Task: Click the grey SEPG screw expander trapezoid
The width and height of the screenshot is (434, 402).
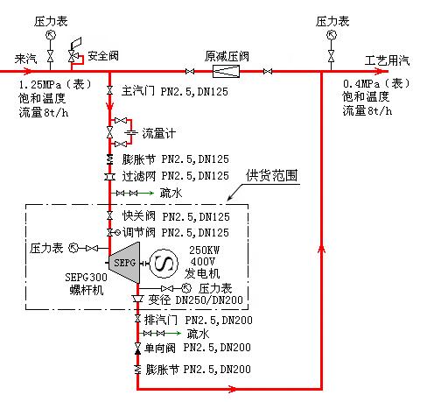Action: (x=124, y=263)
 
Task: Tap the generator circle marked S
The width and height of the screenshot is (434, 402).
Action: (x=164, y=264)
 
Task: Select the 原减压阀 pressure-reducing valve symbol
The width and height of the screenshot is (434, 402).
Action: (x=226, y=71)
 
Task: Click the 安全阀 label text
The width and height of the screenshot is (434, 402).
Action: (x=103, y=56)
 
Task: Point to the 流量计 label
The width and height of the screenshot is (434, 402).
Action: (x=159, y=133)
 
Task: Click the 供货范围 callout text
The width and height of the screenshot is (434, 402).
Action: (x=271, y=175)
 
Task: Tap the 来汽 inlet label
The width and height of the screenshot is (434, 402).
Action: (x=26, y=59)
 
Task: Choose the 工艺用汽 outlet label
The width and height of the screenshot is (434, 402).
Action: (x=387, y=60)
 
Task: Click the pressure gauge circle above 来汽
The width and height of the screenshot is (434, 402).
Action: (x=51, y=35)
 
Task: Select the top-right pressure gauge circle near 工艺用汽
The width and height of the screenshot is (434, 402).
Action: (x=331, y=35)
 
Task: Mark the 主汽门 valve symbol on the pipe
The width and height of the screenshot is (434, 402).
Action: (x=109, y=90)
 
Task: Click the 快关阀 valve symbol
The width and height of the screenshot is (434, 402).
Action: (x=109, y=215)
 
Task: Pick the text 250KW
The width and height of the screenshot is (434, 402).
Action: (x=204, y=250)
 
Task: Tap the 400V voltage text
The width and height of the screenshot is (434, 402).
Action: (x=203, y=261)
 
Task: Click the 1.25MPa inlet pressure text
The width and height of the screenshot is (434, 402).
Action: (x=40, y=85)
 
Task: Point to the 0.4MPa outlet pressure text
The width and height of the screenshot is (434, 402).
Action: (x=361, y=84)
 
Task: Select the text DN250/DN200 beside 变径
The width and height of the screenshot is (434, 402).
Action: (x=209, y=300)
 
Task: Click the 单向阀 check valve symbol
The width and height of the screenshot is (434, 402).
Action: (x=137, y=349)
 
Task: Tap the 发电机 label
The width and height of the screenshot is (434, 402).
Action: (x=202, y=273)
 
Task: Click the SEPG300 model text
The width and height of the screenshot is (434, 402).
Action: (x=86, y=277)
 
